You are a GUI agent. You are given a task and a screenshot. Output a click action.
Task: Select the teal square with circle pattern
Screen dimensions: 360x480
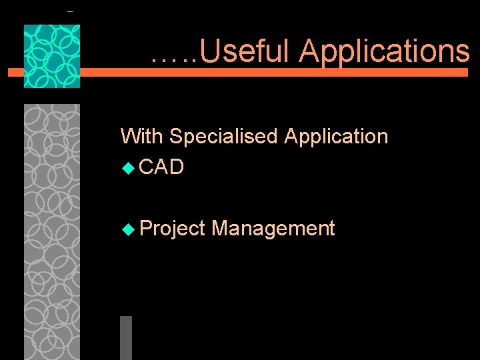52,56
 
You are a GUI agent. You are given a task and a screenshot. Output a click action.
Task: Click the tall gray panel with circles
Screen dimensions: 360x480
52,230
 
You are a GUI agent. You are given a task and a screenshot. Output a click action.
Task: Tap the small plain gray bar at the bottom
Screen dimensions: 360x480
126,337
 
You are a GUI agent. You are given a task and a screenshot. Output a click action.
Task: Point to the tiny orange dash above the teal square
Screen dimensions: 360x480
70,12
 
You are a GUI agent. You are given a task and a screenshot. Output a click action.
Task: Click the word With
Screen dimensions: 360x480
142,137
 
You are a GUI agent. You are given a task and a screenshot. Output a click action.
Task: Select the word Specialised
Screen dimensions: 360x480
223,137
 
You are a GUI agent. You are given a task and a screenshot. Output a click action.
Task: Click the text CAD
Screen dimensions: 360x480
162,167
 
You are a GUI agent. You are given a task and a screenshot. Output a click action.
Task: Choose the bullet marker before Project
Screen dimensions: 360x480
128,229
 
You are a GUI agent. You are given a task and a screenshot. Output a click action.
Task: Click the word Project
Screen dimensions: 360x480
173,229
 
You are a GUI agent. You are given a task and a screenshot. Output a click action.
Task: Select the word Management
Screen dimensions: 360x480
273,229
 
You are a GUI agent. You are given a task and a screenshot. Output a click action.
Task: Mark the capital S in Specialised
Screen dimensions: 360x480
176,137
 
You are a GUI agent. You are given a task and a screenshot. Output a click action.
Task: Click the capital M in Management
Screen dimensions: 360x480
219,229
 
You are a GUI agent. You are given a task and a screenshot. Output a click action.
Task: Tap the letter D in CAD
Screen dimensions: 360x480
176,167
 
